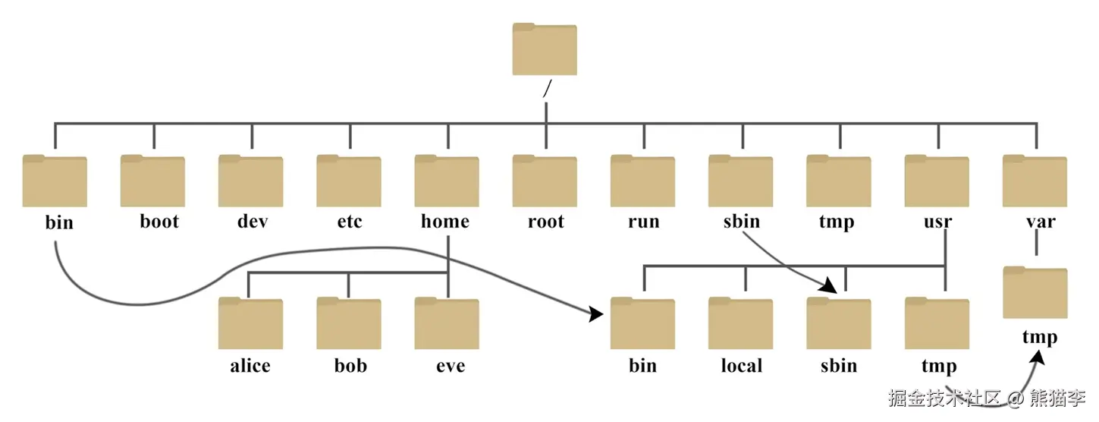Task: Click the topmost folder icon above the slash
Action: (545, 49)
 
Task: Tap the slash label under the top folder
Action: (548, 88)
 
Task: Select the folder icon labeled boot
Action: (152, 181)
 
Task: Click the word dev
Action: (253, 222)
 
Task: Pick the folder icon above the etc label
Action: (349, 181)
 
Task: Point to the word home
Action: (445, 222)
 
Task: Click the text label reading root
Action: (546, 222)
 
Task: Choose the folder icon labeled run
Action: (642, 181)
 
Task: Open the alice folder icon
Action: (251, 323)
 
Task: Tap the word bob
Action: (351, 366)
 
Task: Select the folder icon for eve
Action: (447, 323)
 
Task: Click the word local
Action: (742, 366)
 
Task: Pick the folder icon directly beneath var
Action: (1035, 292)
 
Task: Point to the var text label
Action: (1041, 222)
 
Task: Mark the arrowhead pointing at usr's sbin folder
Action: (829, 285)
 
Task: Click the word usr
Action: (938, 222)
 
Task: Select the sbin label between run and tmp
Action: (742, 222)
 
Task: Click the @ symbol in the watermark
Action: (1015, 398)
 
